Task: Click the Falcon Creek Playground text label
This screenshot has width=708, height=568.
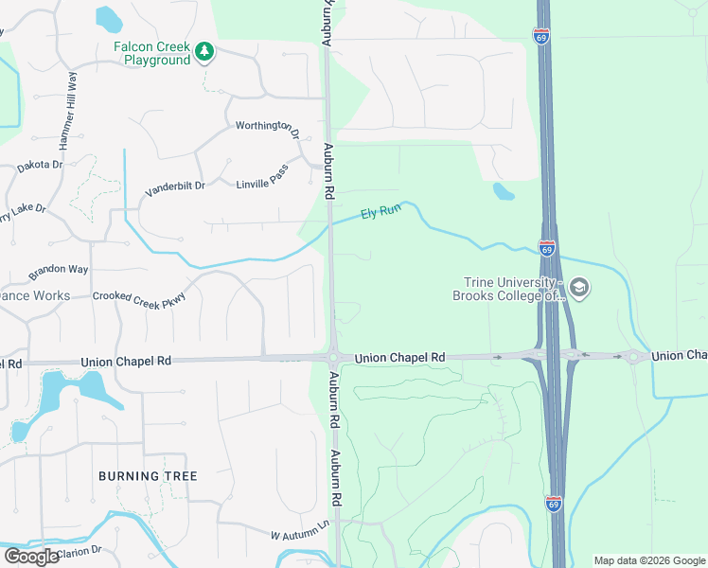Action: coord(152,53)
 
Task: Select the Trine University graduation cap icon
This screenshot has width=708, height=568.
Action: coord(580,288)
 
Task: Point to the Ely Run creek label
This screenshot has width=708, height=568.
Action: coord(381,213)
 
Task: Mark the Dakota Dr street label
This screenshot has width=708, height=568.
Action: coord(40,166)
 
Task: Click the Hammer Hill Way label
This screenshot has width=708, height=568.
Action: coord(68,110)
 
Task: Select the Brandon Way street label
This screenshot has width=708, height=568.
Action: coord(58,271)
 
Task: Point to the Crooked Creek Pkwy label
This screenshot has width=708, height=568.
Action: coord(140,297)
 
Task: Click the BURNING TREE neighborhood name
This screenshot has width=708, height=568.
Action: coord(148,475)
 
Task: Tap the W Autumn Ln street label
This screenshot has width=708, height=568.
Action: coord(299,530)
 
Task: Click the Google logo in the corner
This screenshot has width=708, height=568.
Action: coord(32,557)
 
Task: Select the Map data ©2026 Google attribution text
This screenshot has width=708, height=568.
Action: coord(648,560)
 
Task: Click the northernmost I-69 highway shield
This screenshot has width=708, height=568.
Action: coord(540,35)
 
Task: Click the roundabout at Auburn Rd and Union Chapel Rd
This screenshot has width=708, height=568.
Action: coord(333,358)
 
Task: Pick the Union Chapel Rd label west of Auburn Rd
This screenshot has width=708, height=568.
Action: coord(126,362)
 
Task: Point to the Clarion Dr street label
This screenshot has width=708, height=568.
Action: coord(80,551)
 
